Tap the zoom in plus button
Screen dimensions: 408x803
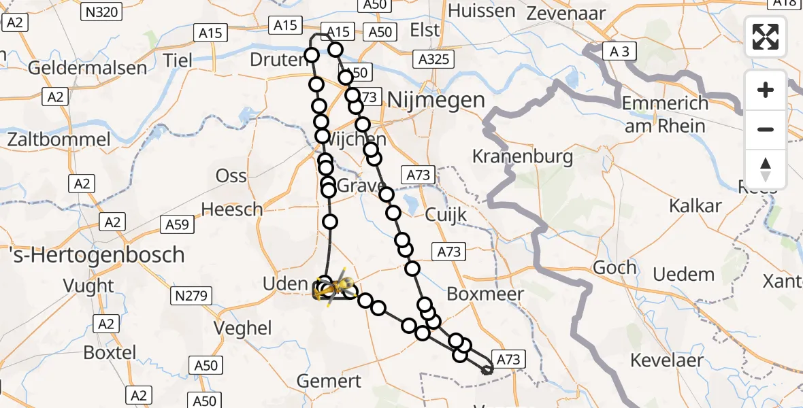[x=766, y=90]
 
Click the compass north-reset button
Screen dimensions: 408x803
[x=766, y=169]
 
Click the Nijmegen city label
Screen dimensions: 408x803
[x=436, y=101]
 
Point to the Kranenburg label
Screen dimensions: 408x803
[x=523, y=156]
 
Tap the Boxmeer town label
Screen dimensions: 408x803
[x=485, y=294]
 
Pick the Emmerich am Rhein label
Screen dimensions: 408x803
[x=665, y=114]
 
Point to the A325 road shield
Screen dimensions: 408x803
[x=433, y=59]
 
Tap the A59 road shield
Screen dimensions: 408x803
[x=177, y=222]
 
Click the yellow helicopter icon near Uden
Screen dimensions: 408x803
[x=333, y=288]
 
